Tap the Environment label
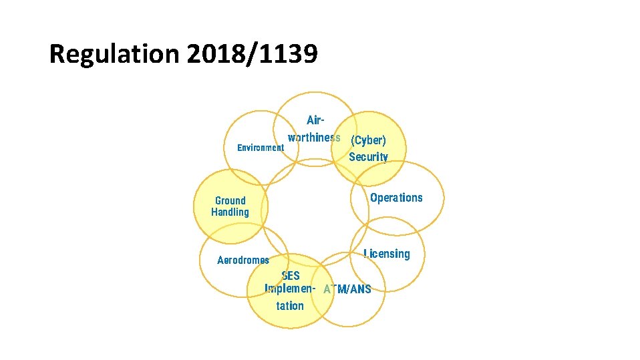(261, 148)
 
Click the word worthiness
(314, 138)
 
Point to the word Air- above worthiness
(315, 121)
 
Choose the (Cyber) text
(368, 141)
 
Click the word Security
(368, 157)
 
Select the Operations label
(396, 198)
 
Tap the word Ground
(230, 200)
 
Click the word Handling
(230, 212)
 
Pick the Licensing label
(387, 254)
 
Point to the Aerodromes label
(243, 260)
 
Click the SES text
(291, 276)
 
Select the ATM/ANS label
(347, 290)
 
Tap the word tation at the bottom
(290, 306)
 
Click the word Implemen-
(289, 289)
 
